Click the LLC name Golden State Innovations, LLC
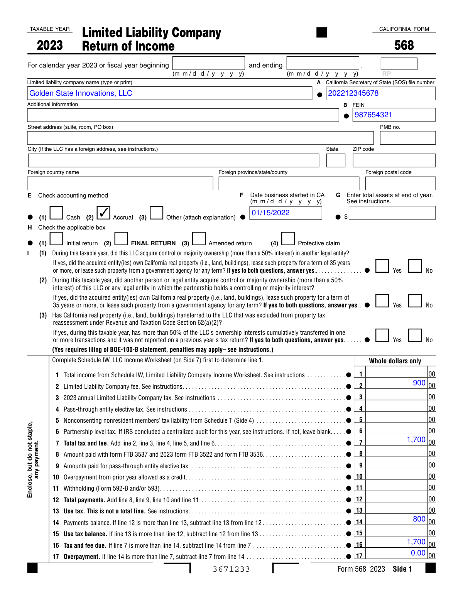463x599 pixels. (x=81, y=93)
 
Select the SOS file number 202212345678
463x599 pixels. (x=353, y=93)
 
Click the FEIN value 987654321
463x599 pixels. (x=373, y=115)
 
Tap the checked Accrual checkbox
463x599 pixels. (x=103, y=213)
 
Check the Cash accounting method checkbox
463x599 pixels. (x=56, y=213)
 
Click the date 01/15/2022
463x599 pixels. (x=270, y=213)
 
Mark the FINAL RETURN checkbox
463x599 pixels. (x=121, y=239)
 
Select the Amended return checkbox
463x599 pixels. (x=199, y=239)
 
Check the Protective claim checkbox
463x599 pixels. (x=288, y=239)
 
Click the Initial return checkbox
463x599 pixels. (x=56, y=239)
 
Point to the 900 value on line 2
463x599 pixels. (x=419, y=383)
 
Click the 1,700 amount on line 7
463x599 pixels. (x=416, y=440)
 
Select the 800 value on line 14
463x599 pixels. (x=419, y=519)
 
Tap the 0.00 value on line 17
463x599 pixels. (x=418, y=553)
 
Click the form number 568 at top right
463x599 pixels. (x=404, y=46)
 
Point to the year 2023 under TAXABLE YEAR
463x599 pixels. (x=50, y=46)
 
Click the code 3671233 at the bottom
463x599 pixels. (x=231, y=569)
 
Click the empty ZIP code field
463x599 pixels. (x=394, y=160)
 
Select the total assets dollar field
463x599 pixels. (x=392, y=213)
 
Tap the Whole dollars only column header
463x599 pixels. (x=395, y=361)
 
